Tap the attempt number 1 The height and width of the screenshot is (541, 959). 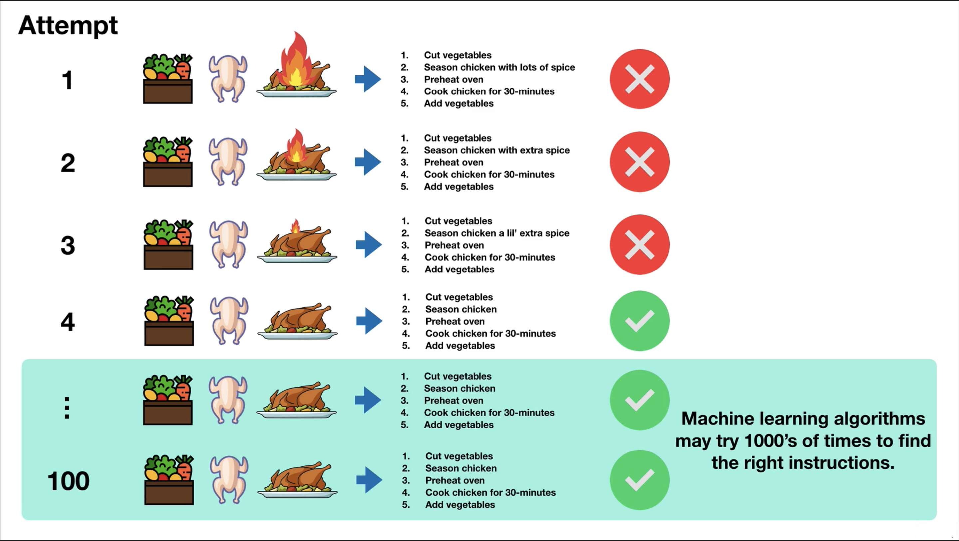[67, 80]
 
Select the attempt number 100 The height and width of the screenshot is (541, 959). [68, 481]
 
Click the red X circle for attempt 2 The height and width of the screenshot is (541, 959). [639, 162]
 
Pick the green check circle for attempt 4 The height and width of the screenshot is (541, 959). [639, 321]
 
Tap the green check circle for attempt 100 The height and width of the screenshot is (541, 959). [639, 480]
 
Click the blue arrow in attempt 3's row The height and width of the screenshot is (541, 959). [369, 245]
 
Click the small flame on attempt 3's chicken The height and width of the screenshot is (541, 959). [295, 226]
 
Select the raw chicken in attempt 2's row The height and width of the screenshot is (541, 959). [228, 162]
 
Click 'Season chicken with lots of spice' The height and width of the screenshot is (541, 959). [499, 67]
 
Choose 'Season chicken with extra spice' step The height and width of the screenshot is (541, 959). [496, 150]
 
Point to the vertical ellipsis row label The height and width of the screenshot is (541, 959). [67, 408]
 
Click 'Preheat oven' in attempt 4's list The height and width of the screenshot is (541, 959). [455, 321]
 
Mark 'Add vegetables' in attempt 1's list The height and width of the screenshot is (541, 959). [459, 103]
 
